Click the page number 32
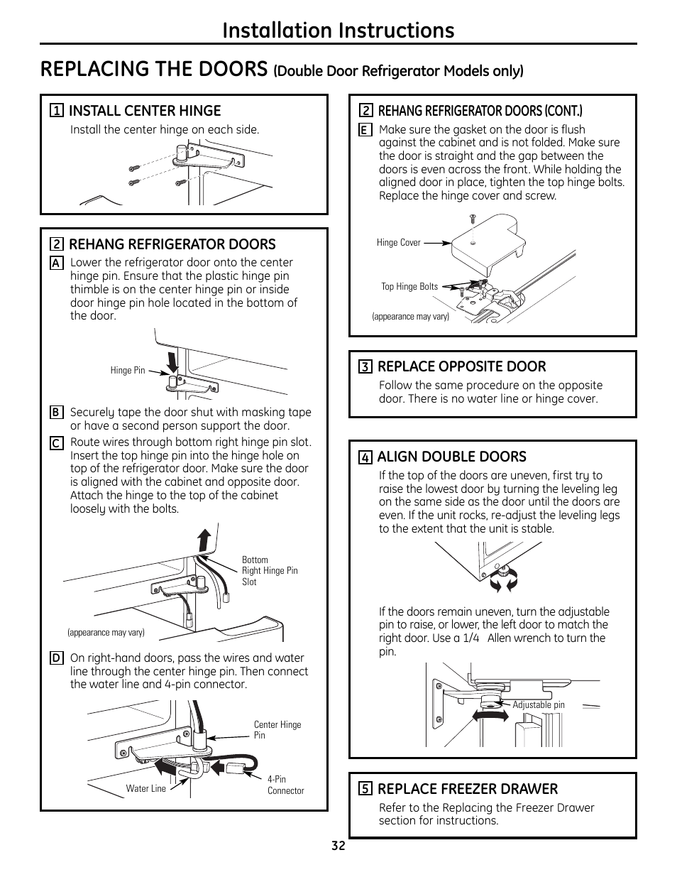tap(338, 846)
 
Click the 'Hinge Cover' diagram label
tap(398, 243)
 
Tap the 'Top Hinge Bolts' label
tap(409, 287)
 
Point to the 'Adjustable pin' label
tap(539, 705)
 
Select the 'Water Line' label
tap(146, 788)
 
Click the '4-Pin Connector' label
tap(285, 785)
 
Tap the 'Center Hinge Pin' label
tap(277, 730)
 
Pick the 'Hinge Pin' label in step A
tap(128, 371)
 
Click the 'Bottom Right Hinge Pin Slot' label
tap(270, 570)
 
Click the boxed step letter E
tap(364, 130)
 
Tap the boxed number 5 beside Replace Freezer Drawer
tap(365, 789)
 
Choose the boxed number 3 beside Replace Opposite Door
tap(365, 367)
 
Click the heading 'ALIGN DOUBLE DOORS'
tap(451, 457)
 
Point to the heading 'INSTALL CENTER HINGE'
tap(145, 111)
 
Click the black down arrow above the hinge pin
tap(172, 361)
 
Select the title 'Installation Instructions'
tap(338, 30)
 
